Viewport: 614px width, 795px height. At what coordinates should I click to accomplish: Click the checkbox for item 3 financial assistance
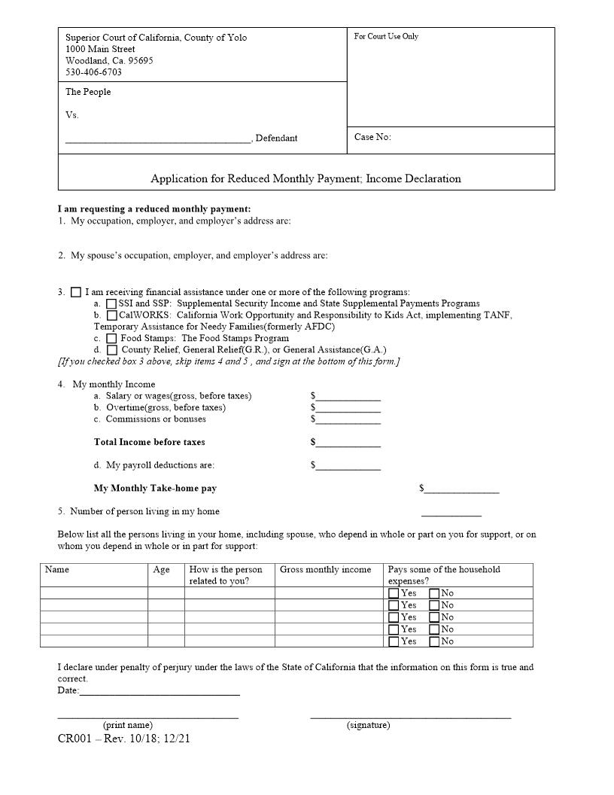tap(76, 292)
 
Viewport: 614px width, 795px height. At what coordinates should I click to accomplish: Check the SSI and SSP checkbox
tap(111, 303)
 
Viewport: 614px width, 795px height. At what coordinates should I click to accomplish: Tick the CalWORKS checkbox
tap(111, 315)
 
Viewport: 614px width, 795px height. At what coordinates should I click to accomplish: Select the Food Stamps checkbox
tap(111, 338)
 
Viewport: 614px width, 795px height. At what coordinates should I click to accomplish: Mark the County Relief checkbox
tap(111, 350)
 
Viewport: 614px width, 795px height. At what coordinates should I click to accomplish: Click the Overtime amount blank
tap(348, 409)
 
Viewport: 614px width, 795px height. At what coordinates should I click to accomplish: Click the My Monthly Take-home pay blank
tap(461, 490)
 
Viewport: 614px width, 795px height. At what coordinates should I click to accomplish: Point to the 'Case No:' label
tap(372, 137)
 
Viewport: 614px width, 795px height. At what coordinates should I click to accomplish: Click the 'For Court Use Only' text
tap(386, 36)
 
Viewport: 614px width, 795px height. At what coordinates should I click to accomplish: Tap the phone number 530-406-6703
tap(93, 72)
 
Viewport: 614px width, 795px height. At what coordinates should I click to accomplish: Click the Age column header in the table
tap(161, 570)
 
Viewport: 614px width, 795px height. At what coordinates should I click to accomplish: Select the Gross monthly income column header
tap(325, 570)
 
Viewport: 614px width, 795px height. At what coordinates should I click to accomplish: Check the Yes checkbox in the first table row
tap(394, 593)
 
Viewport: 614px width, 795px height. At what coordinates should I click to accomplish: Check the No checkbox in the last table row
tap(434, 641)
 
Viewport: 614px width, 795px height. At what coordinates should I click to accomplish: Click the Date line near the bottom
tap(160, 691)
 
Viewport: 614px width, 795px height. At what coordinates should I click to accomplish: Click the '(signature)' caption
tap(368, 725)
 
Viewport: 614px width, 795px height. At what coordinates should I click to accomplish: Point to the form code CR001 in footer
tap(74, 739)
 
